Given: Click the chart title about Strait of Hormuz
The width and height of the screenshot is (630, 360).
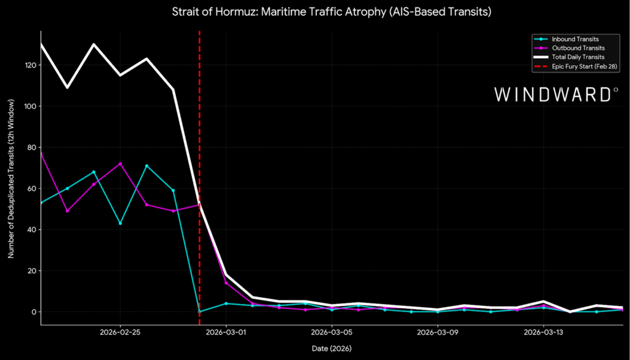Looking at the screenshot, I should pyautogui.click(x=315, y=11).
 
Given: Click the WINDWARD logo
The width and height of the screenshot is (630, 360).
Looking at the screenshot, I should pyautogui.click(x=556, y=94).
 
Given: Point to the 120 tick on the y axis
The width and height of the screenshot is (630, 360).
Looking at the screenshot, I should pyautogui.click(x=28, y=65).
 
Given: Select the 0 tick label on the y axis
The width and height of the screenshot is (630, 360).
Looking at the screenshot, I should pyautogui.click(x=32, y=312).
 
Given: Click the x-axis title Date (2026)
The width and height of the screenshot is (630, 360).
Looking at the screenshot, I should pyautogui.click(x=332, y=348).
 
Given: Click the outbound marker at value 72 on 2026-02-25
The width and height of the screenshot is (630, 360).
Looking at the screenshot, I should pyautogui.click(x=120, y=164).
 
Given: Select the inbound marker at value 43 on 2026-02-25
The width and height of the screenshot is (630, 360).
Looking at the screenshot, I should pyautogui.click(x=120, y=223).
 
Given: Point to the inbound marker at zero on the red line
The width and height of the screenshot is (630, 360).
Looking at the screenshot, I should pyautogui.click(x=199, y=311).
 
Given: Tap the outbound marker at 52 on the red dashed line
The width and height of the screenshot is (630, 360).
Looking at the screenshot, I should pyautogui.click(x=199, y=205).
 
